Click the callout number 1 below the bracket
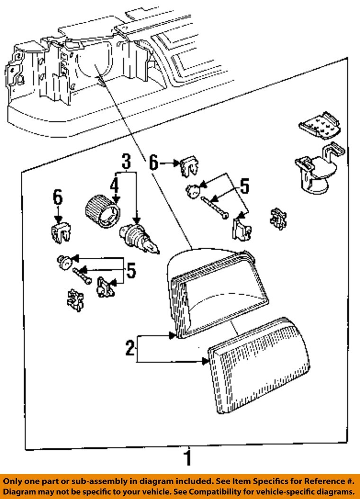coord(188,458)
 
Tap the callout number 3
coord(126,161)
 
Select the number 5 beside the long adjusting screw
coord(243,186)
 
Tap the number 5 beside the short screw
coord(131,271)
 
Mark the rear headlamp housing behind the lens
coord(216,289)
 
